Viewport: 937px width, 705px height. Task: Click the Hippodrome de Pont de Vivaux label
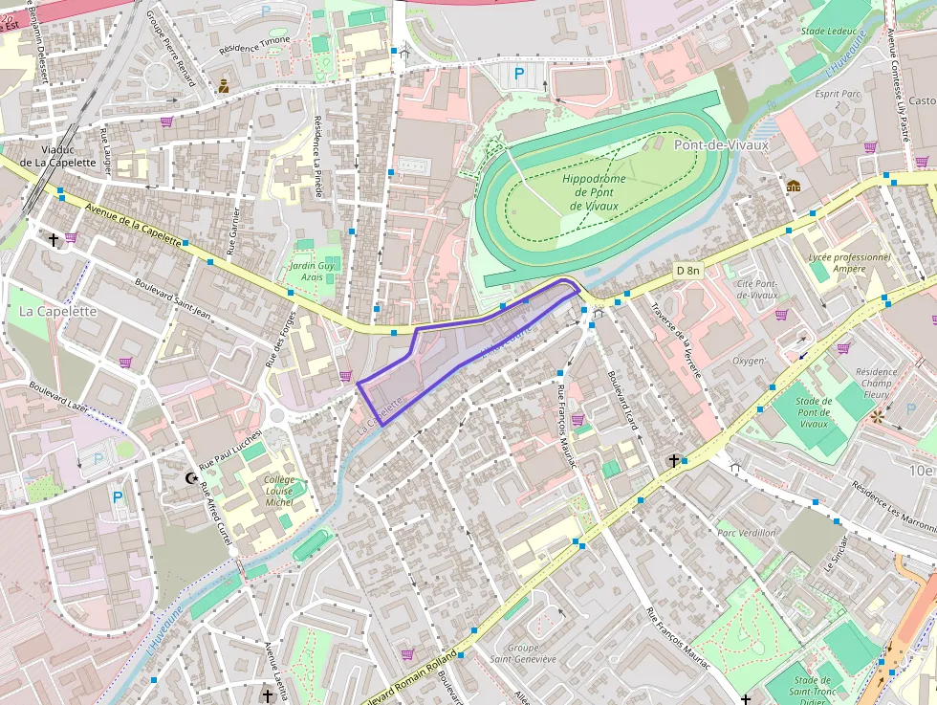594,192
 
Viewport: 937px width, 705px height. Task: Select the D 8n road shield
687,271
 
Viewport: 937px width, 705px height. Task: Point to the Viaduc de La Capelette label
65,155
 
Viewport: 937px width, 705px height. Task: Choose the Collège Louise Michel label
279,489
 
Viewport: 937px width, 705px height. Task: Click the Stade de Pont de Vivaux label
814,412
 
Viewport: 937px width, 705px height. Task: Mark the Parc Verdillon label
747,533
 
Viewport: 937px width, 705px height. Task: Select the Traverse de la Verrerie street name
676,340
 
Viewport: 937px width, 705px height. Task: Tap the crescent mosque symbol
189,476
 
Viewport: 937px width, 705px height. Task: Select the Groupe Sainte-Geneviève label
523,652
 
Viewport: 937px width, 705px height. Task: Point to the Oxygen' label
749,361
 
